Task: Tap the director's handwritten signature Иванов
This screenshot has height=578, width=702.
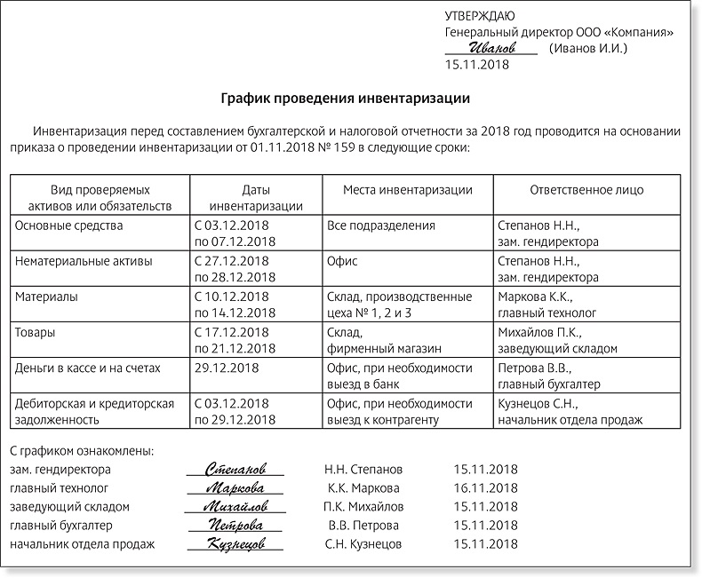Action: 491,48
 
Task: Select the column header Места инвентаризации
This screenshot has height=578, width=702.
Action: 407,190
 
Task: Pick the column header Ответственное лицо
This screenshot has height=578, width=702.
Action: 586,190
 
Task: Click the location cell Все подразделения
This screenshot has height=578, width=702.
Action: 381,226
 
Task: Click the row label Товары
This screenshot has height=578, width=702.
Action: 36,331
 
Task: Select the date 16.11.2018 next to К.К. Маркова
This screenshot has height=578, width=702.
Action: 484,487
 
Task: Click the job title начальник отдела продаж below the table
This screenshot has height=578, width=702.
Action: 82,544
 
